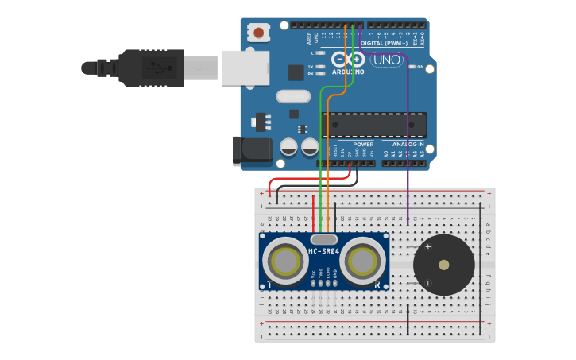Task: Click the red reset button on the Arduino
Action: click(x=259, y=33)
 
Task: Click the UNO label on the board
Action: click(x=387, y=60)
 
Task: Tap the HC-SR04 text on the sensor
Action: click(x=324, y=252)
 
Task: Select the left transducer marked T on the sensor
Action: click(x=285, y=260)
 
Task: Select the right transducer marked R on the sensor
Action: click(x=363, y=260)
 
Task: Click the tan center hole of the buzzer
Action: click(x=443, y=265)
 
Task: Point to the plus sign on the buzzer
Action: click(x=427, y=247)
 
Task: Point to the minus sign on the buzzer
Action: click(x=427, y=282)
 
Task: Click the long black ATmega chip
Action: click(x=373, y=125)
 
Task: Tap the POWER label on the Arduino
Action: click(x=362, y=145)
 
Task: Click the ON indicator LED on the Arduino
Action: click(x=412, y=68)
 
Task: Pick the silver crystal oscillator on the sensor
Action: click(x=324, y=238)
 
